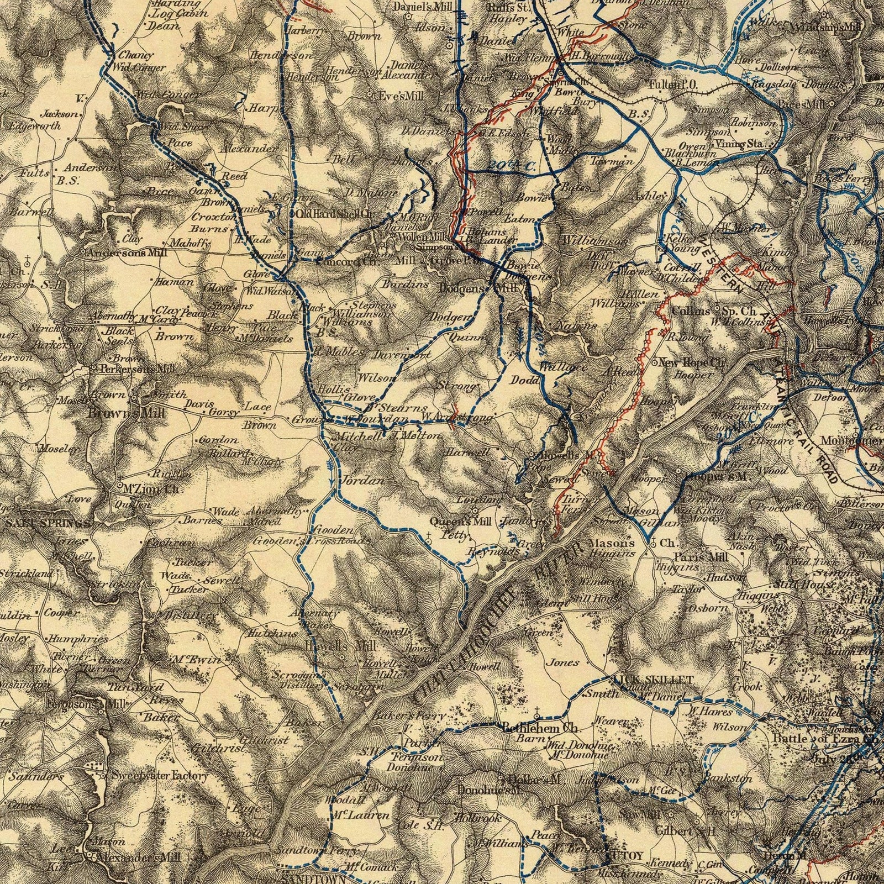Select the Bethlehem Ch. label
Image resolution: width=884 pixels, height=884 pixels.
540,727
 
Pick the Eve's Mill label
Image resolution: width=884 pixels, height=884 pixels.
401,96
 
